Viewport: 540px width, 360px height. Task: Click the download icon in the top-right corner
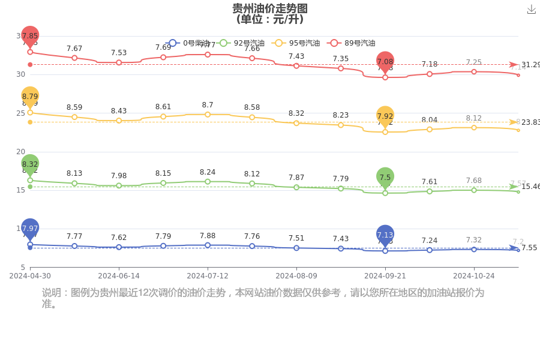pos(531,10)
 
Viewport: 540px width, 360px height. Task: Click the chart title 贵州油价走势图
pos(270,8)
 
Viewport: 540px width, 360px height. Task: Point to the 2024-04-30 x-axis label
pos(30,276)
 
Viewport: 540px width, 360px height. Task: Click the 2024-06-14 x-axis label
pos(119,276)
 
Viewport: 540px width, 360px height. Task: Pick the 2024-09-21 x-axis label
pos(385,276)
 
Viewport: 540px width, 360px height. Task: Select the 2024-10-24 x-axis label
pos(474,276)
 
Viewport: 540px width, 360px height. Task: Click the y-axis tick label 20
pos(20,152)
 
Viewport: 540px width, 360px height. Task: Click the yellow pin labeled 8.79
pos(30,96)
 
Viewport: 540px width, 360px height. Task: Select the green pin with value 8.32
pos(30,164)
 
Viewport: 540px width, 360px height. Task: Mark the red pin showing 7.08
pos(385,61)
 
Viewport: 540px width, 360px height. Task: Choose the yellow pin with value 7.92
pos(385,116)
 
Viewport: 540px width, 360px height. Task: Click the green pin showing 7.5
pos(385,177)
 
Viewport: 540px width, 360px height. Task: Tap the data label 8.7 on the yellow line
pos(208,105)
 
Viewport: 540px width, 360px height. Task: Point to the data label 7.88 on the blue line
pos(208,236)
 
